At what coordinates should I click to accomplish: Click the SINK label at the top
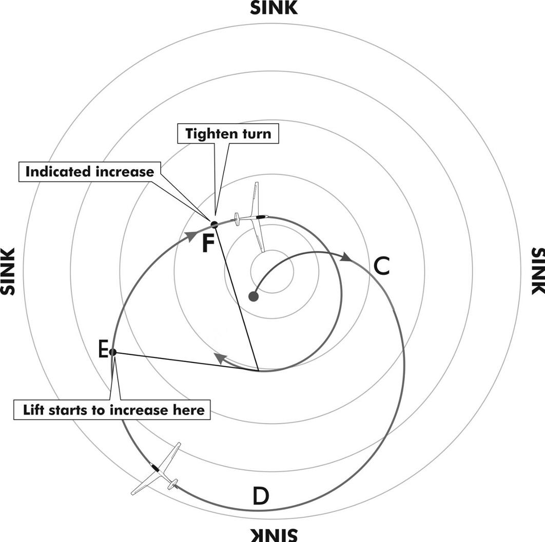coord(273,8)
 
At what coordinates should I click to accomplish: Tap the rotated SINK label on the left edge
coord(8,271)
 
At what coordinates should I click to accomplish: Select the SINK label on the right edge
coord(537,271)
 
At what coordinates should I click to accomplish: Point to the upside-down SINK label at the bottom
coord(273,534)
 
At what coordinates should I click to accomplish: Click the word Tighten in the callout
coord(210,134)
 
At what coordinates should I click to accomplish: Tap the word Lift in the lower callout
coord(33,410)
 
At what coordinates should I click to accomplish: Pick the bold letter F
coord(207,244)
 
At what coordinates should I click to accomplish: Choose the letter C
coord(381,266)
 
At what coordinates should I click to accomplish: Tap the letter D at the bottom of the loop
coord(260,496)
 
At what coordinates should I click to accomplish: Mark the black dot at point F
coord(214,224)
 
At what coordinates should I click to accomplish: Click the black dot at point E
coord(113,352)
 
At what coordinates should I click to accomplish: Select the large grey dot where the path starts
coord(253,296)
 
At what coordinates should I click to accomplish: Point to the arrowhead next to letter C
coord(346,257)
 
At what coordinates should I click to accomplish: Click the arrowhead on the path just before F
coord(190,235)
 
